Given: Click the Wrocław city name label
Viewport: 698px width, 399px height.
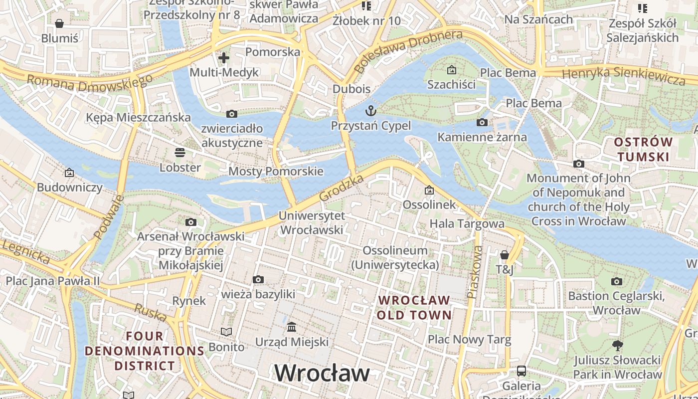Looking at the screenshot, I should (322, 373).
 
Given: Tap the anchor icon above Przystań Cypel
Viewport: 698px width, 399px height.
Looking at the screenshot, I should (370, 110).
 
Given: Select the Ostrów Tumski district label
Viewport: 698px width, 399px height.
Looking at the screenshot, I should (643, 150).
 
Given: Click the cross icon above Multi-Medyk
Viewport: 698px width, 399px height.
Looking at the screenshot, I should (224, 57).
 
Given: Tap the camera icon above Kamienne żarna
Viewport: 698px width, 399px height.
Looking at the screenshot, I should (482, 122).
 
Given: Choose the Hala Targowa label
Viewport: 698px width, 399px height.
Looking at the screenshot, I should (467, 223).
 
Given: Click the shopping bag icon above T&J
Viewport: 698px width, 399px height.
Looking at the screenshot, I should (504, 255).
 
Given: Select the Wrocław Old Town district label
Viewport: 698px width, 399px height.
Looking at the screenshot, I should (414, 308).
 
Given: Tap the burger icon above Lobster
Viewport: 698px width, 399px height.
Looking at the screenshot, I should (179, 153).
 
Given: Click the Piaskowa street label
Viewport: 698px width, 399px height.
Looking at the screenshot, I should (475, 272).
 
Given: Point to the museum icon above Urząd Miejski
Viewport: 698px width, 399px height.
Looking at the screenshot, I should (292, 327).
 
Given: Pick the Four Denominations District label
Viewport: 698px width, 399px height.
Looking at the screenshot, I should (145, 351).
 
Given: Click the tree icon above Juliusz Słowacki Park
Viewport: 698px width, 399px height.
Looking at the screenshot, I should (617, 345).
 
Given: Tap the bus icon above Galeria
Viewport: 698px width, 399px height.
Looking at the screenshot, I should (521, 371).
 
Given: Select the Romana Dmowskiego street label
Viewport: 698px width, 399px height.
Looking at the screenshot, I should (90, 82).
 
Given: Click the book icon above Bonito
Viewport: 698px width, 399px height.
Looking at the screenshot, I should (226, 332).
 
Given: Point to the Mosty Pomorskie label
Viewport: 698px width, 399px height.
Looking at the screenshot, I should (276, 172).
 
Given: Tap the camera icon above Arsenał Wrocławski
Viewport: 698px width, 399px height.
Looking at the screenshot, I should (190, 222).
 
